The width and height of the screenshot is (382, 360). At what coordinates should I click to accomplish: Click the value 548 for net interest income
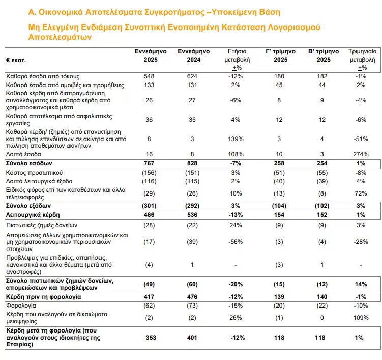pos(149,76)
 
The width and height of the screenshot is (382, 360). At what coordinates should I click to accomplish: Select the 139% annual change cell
pos(236,139)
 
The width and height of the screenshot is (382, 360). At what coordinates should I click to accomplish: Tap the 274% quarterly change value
pos(361,154)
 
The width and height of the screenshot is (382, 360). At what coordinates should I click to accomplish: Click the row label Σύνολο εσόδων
pos(29,163)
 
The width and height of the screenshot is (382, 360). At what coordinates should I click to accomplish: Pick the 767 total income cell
pos(149,163)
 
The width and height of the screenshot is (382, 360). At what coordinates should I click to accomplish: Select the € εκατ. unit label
pos(16,60)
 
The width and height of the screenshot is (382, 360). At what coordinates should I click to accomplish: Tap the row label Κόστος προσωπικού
pos(35,173)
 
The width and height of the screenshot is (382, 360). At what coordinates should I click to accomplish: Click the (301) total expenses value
pos(149,206)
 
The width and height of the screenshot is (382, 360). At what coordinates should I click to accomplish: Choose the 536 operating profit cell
pos(192,215)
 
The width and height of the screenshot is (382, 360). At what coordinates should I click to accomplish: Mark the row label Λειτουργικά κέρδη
pos(33,215)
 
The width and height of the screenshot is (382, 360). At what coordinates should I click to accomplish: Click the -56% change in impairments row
pos(236,242)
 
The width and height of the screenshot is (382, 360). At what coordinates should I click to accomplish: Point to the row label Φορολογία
pos(21,306)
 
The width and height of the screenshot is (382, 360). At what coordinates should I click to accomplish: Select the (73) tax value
pos(192,306)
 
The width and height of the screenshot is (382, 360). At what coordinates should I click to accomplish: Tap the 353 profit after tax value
pos(151,338)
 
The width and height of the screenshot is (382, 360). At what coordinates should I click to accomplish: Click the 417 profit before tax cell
pos(149,297)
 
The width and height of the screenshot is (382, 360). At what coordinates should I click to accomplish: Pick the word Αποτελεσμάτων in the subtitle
pos(60,37)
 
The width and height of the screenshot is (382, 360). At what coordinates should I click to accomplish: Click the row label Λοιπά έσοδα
pos(23,154)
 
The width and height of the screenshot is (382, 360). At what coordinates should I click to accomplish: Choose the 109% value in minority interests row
pos(361,318)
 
